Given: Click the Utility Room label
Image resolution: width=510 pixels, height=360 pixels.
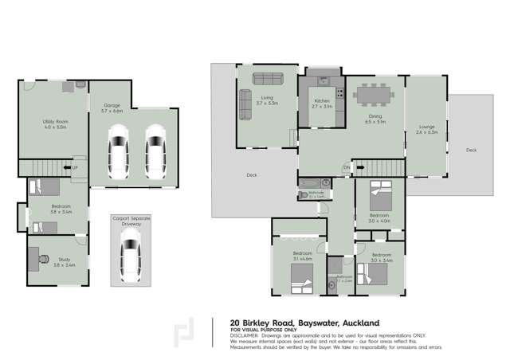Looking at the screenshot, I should click(x=53, y=123).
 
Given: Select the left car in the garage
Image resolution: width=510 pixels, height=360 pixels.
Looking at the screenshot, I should click(x=118, y=153).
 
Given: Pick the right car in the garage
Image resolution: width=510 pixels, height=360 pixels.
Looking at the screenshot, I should click(x=154, y=153).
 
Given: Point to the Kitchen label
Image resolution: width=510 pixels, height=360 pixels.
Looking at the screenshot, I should click(x=321, y=101).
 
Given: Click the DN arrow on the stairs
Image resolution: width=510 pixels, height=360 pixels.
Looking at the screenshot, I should click(x=347, y=166).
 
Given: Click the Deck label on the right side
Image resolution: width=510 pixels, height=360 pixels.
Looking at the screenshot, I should click(x=471, y=149).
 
